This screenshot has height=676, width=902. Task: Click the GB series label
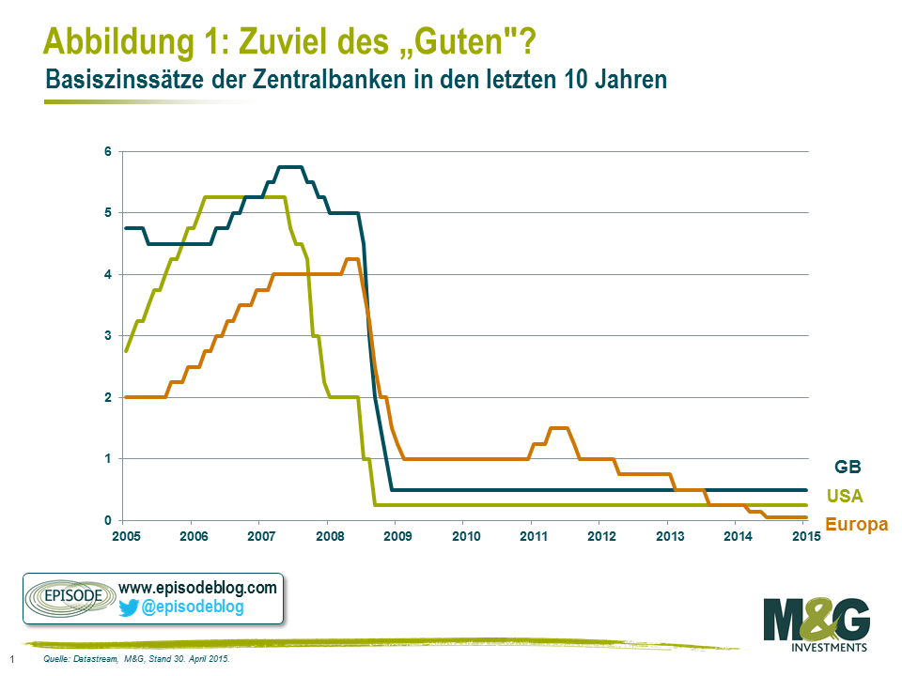pyautogui.click(x=848, y=466)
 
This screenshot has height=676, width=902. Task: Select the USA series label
pyautogui.click(x=845, y=496)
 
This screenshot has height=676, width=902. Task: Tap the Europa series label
pyautogui.click(x=856, y=525)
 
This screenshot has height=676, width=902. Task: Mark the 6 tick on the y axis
pyautogui.click(x=108, y=151)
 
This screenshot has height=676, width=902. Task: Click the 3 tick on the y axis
pyautogui.click(x=108, y=336)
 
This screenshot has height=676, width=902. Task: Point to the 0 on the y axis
pyautogui.click(x=108, y=520)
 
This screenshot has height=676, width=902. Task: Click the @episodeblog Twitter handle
pyautogui.click(x=193, y=607)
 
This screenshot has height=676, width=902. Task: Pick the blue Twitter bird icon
pyautogui.click(x=129, y=607)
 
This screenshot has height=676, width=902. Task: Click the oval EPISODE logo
pyautogui.click(x=67, y=597)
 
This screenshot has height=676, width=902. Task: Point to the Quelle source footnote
pyautogui.click(x=136, y=660)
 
